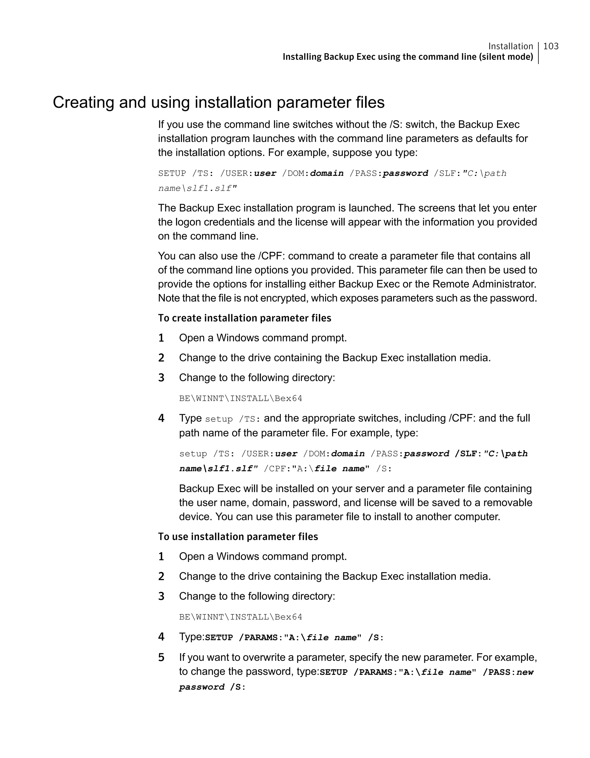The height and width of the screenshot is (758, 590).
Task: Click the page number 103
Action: [x=551, y=46]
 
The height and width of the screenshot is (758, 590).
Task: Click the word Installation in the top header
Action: [x=510, y=46]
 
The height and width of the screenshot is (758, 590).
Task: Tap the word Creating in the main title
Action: [x=83, y=102]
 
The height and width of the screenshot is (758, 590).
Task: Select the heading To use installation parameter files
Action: [x=238, y=537]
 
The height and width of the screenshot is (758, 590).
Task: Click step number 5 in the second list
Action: [x=161, y=657]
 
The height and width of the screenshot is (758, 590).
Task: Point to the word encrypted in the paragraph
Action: [x=282, y=298]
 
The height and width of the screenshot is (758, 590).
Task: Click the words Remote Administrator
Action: [x=484, y=284]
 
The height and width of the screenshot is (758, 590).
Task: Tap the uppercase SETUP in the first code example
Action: [x=172, y=174]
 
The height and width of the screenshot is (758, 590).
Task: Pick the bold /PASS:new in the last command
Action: [x=508, y=672]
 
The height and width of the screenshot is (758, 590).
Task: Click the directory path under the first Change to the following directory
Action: [x=240, y=398]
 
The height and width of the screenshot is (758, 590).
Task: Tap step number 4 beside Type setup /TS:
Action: [x=161, y=418]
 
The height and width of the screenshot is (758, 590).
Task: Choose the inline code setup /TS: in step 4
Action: [x=232, y=419]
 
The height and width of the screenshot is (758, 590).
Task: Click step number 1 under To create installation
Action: [x=161, y=338]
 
